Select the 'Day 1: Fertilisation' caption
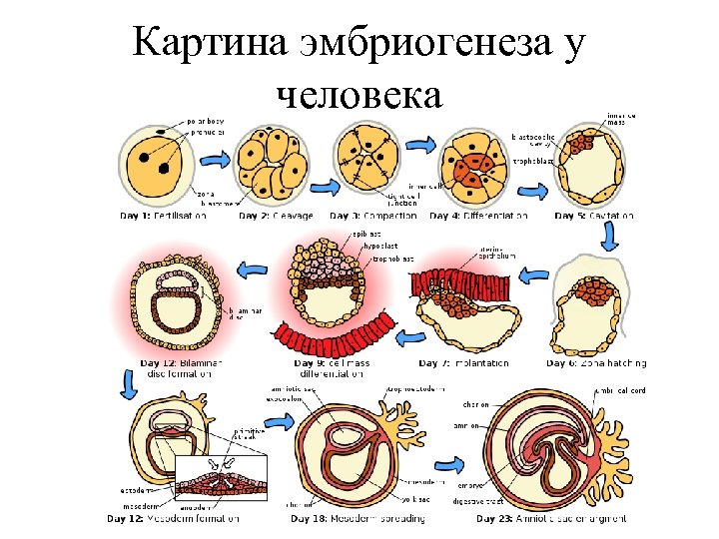[x=164, y=215]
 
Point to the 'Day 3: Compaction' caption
[x=376, y=216]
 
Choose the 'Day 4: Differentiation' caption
[x=478, y=216]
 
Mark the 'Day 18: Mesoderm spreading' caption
[x=358, y=519]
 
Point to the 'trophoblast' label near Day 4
[x=532, y=160]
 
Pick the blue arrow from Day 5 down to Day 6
[x=608, y=236]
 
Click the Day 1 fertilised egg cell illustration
[x=155, y=166]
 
